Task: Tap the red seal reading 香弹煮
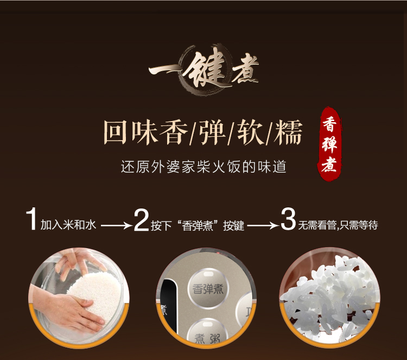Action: pyautogui.click(x=329, y=144)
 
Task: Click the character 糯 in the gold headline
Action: pyautogui.click(x=288, y=132)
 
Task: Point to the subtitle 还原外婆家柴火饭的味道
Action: pyautogui.click(x=203, y=167)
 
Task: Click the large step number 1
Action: pyautogui.click(x=31, y=219)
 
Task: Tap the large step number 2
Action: pyautogui.click(x=142, y=220)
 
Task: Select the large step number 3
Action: pyautogui.click(x=288, y=219)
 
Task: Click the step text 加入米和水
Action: pyautogui.click(x=68, y=225)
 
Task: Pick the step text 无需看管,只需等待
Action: pyautogui.click(x=338, y=225)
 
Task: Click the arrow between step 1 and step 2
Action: pyautogui.click(x=117, y=225)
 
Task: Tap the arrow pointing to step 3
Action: pyautogui.click(x=263, y=225)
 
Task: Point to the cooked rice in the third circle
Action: pyautogui.click(x=329, y=299)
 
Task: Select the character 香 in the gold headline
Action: pyautogui.click(x=174, y=132)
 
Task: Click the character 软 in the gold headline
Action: pyautogui.click(x=251, y=132)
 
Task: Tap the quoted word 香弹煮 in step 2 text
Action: pyautogui.click(x=198, y=225)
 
